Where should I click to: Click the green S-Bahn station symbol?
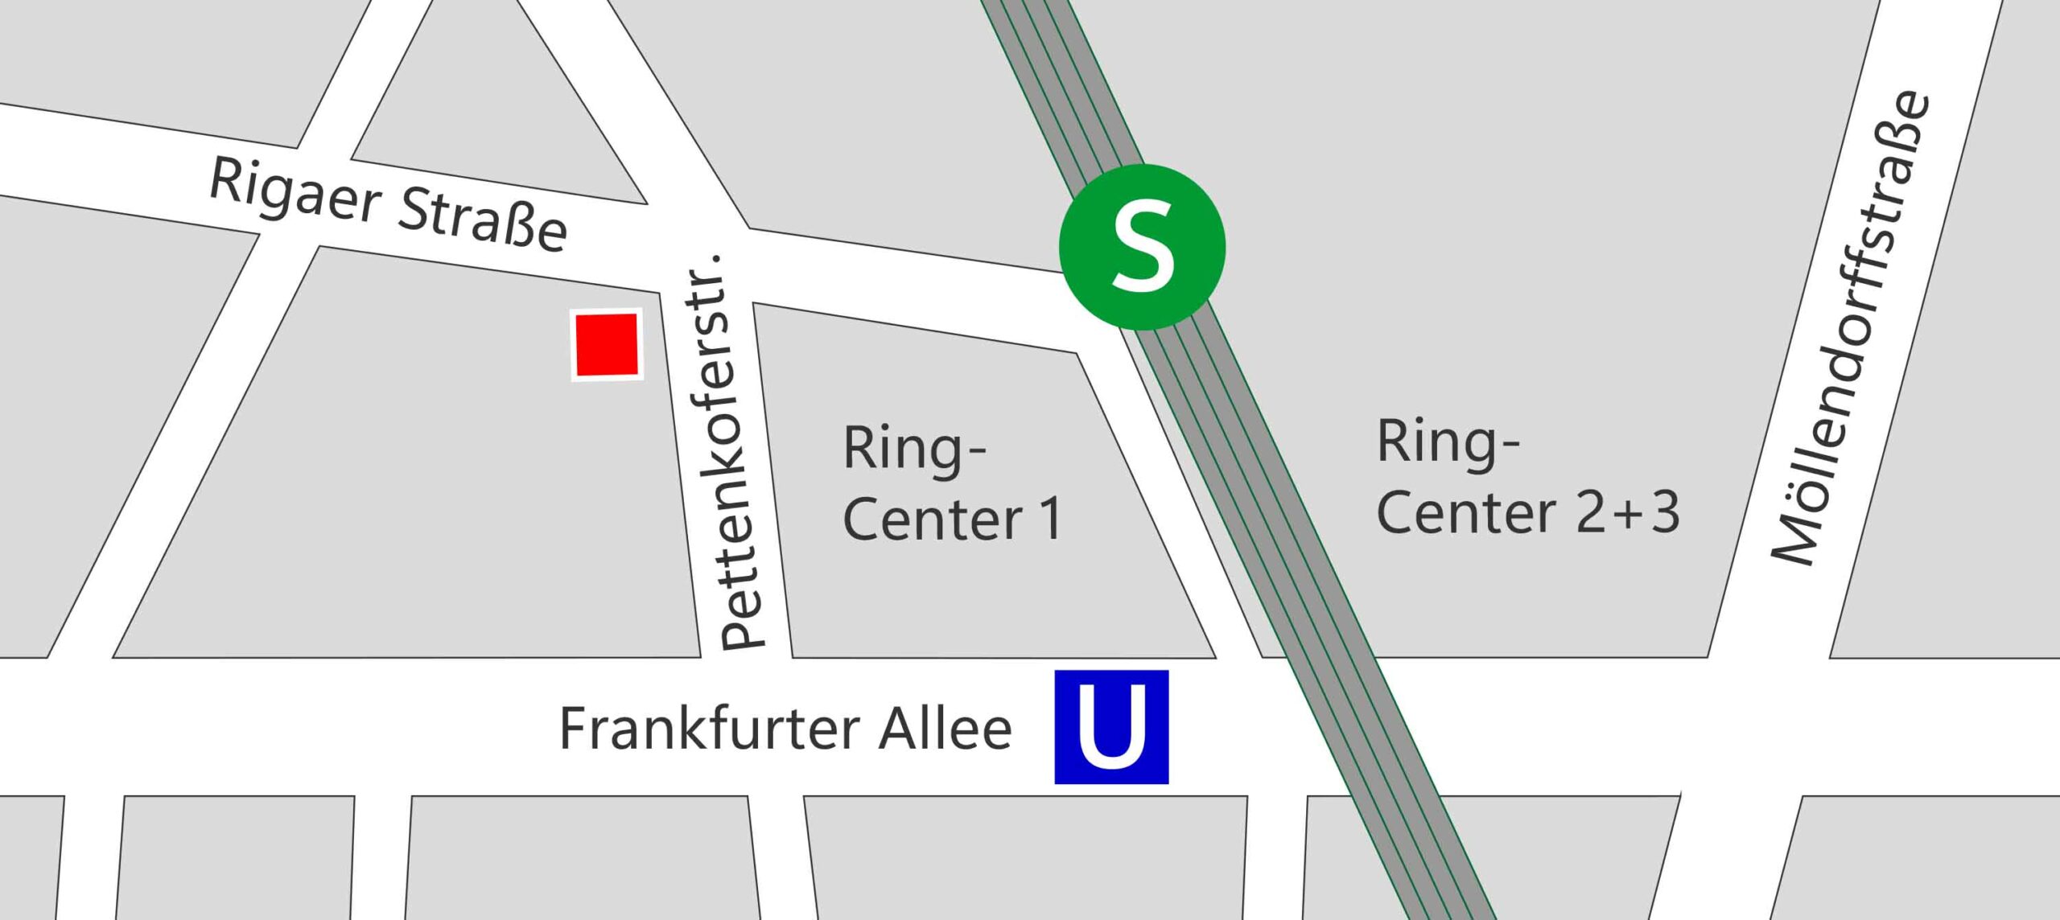coord(1142,247)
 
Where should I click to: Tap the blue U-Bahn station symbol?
coord(1111,726)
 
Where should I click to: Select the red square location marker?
coord(607,344)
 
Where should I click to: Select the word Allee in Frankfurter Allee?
coord(945,729)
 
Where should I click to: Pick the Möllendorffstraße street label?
coord(1851,330)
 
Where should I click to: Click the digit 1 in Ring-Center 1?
coord(1050,520)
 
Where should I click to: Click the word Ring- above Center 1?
coord(914,449)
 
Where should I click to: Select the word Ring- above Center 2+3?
coord(1448,442)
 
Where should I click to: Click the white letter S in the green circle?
coord(1142,247)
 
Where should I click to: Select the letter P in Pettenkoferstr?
coord(742,631)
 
